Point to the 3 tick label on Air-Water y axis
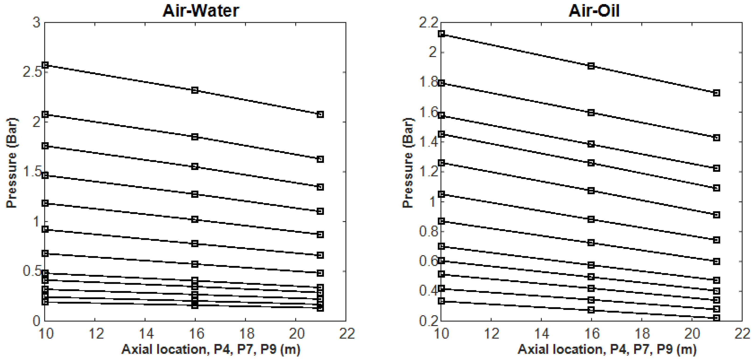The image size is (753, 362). pyautogui.click(x=36, y=22)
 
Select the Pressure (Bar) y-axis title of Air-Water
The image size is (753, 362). pyautogui.click(x=12, y=163)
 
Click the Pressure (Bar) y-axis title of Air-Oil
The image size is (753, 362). pyautogui.click(x=408, y=163)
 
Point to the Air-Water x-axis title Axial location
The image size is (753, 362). pyautogui.click(x=211, y=349)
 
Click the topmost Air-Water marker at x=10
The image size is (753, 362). pyautogui.click(x=45, y=65)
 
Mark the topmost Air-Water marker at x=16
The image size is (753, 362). pyautogui.click(x=195, y=90)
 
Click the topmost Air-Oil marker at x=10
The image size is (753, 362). pyautogui.click(x=442, y=34)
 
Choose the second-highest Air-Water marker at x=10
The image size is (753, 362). pyautogui.click(x=45, y=114)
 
